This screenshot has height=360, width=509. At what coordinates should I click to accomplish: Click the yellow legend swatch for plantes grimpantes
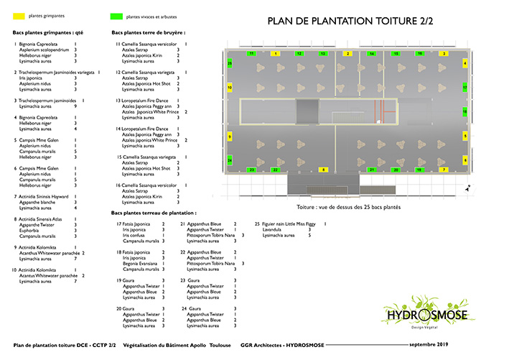[19, 15]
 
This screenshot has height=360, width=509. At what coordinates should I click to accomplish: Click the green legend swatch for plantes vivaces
[116, 15]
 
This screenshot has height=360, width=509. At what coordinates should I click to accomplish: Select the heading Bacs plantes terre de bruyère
[149, 32]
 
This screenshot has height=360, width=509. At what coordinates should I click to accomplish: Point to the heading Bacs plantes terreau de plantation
[154, 213]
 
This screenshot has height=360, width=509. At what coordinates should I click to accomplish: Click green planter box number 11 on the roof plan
[251, 53]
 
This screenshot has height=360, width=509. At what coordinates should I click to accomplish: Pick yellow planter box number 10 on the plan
[230, 87]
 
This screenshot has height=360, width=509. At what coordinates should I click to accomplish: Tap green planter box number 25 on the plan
[230, 64]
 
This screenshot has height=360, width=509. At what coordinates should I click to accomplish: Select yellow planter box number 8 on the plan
[324, 170]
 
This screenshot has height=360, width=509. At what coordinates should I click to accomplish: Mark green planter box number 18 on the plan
[464, 112]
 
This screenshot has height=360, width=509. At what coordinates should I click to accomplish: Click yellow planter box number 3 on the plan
[444, 53]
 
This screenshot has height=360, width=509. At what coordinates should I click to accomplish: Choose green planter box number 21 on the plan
[372, 170]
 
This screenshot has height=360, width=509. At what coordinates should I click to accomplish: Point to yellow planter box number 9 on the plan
[230, 135]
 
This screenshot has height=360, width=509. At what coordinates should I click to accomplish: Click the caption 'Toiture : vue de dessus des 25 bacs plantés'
[347, 207]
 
